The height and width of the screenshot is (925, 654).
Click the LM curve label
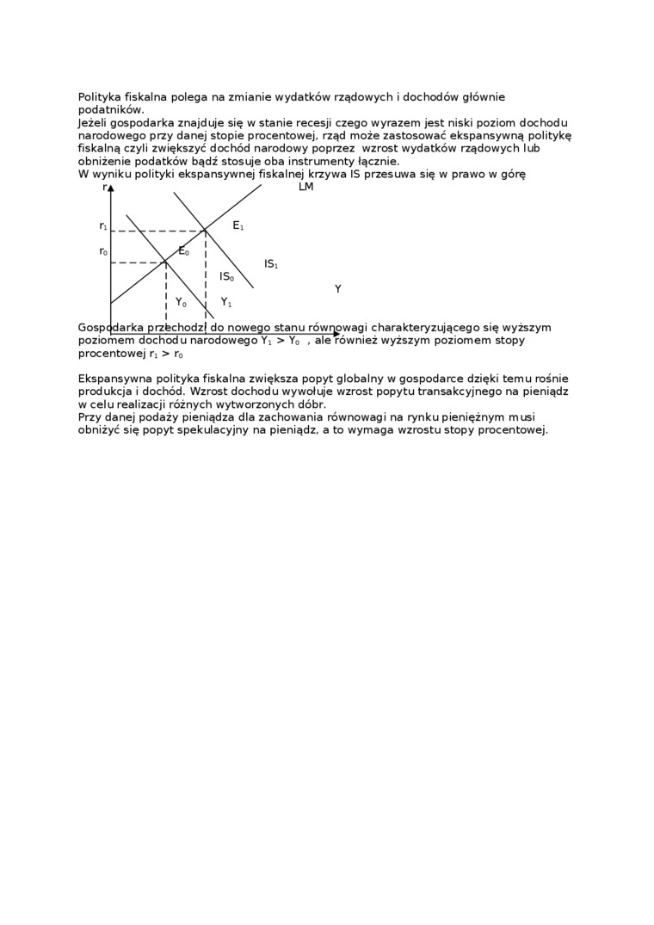305,188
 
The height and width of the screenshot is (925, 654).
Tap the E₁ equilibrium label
238,226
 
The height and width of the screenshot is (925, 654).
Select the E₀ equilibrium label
183,251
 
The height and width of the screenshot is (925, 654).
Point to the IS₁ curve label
271,265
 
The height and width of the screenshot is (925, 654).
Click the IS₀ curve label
226,277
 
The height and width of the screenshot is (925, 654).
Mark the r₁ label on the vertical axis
103,226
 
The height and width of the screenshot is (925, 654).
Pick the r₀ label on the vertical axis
103,252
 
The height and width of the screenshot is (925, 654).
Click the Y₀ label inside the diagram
181,303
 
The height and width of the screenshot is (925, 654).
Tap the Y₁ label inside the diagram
226,303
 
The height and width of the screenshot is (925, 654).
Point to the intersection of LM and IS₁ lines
205,230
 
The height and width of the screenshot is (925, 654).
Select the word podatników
110,110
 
